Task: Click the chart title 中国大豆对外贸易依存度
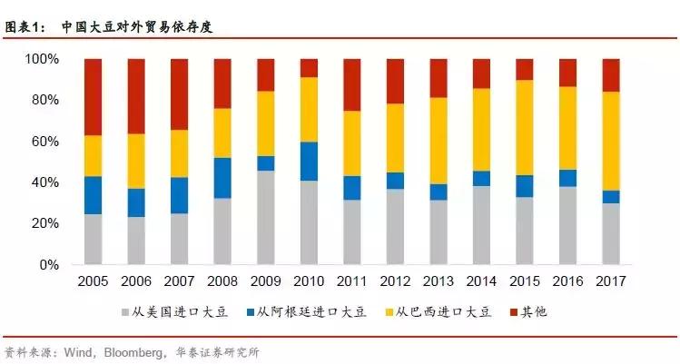point(143,26)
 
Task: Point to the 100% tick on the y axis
point(42,59)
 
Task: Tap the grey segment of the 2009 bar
point(265,218)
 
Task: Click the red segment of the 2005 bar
point(93,97)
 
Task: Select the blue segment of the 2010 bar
point(309,162)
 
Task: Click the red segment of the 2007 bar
point(179,94)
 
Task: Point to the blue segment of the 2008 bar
point(222,178)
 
